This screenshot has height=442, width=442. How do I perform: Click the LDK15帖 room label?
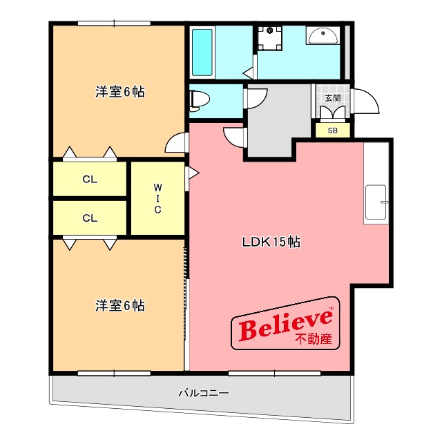point(270,242)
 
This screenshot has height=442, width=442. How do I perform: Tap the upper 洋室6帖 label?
point(119,92)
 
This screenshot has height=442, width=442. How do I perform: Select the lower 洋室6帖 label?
point(119,305)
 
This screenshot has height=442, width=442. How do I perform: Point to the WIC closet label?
point(157,198)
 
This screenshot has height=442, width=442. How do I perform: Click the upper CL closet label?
point(90,180)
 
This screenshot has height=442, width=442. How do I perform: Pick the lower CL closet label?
point(90,218)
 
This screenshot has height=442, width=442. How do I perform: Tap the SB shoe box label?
point(332,131)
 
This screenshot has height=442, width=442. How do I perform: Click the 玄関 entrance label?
point(332,97)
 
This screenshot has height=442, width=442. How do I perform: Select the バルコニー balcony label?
point(204,394)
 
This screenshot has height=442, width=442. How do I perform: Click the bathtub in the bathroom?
point(202,53)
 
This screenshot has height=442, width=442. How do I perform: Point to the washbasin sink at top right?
point(322,36)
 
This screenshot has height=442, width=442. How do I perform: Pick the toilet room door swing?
point(255,99)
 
